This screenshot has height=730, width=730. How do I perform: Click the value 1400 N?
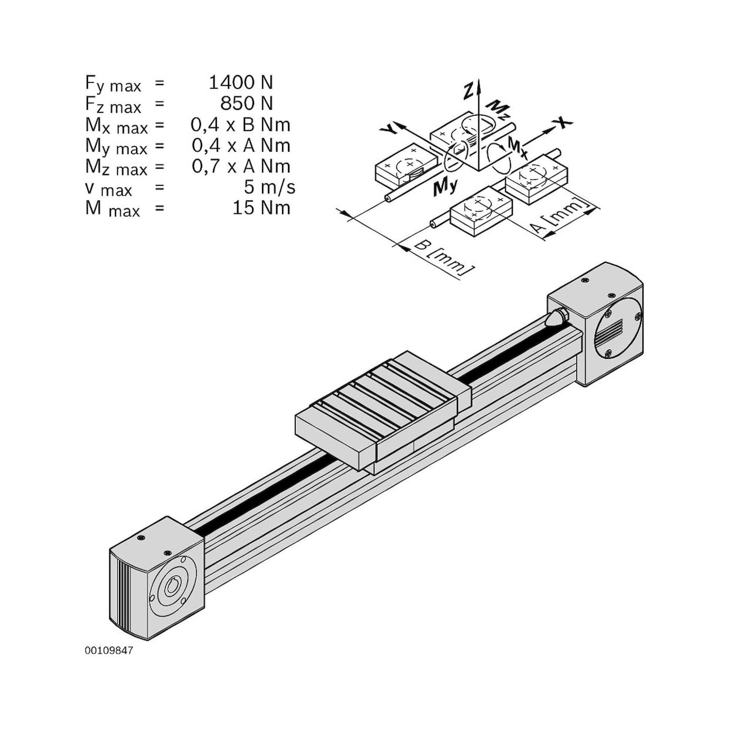(x=241, y=83)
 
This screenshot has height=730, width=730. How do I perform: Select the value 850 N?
(x=246, y=104)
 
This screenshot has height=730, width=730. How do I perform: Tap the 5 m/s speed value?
(x=269, y=187)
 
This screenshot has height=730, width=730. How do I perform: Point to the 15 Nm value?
(x=261, y=208)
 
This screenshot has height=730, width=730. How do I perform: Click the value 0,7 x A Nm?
(x=241, y=166)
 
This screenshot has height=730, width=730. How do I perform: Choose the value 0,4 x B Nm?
(x=240, y=125)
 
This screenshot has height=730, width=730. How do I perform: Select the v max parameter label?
(x=109, y=188)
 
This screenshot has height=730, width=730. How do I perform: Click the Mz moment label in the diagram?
(x=497, y=109)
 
